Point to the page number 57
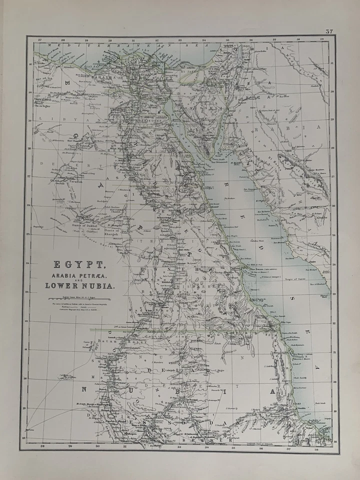point(329,31)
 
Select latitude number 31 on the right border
point(332,63)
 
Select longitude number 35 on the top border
point(227,39)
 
